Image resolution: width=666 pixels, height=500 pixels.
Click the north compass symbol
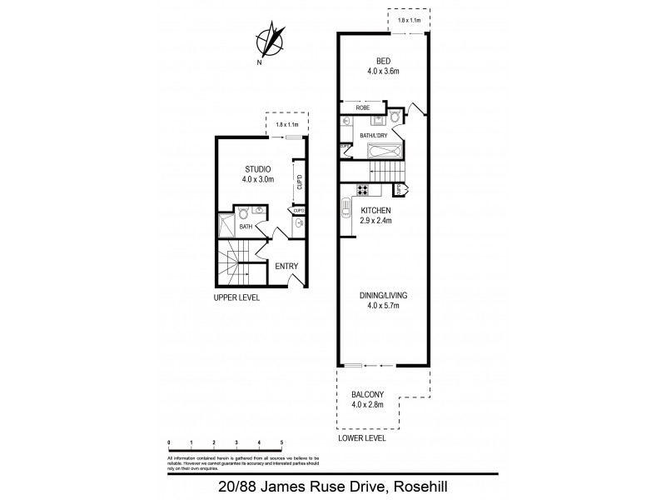click(x=271, y=42)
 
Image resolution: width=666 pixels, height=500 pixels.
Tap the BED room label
click(x=383, y=61)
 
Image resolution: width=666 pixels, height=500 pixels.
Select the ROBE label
click(x=363, y=107)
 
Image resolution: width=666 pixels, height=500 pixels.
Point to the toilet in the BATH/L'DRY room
click(x=395, y=117)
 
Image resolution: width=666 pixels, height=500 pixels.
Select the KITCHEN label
click(x=375, y=211)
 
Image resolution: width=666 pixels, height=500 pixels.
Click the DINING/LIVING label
click(x=384, y=296)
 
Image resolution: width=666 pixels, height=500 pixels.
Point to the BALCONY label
click(x=368, y=397)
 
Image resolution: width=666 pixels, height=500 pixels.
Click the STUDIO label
click(x=257, y=170)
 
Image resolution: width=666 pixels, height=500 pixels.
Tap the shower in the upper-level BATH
click(x=226, y=222)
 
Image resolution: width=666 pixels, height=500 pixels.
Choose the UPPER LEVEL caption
click(x=237, y=297)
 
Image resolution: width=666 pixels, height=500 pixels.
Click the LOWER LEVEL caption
click(x=362, y=437)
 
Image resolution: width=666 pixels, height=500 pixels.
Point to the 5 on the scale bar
click(x=282, y=442)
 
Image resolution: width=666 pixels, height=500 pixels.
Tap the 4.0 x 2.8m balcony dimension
click(x=368, y=407)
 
